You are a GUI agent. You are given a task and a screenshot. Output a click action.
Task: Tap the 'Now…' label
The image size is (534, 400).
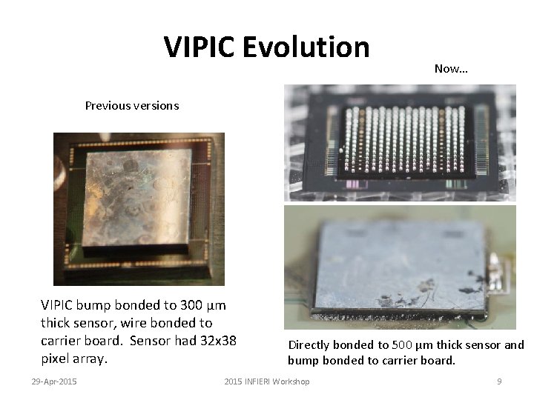tap(451, 69)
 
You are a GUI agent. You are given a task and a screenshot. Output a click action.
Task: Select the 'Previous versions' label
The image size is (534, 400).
tap(132, 105)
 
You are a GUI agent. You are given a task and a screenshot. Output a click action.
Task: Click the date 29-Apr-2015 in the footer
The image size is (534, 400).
tap(54, 381)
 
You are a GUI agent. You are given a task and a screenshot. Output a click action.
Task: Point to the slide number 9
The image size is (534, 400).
tap(499, 381)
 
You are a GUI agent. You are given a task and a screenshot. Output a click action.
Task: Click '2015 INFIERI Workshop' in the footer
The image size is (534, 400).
tap(267, 381)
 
